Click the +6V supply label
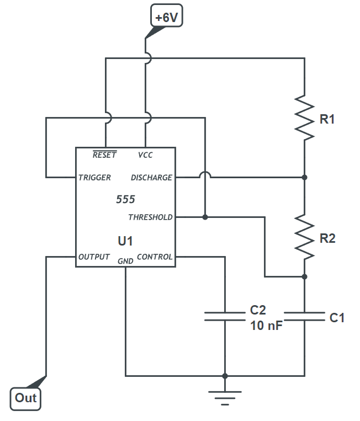coord(167,17)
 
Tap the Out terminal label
coord(25,398)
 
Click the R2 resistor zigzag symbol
coord(304,238)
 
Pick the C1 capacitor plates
coord(304,316)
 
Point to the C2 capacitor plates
coord(225,316)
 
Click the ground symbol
coord(225,396)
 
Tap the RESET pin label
coord(104,155)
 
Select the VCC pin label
coord(145,155)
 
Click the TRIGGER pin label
coord(94,178)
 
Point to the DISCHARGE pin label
coord(151,178)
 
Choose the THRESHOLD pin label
coord(150,217)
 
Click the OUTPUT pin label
coord(94,257)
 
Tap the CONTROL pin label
coord(155,257)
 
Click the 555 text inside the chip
coord(125,200)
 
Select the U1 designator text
coord(125,241)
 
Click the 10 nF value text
coord(267,326)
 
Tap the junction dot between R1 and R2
coord(304,178)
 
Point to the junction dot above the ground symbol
coord(225,376)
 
